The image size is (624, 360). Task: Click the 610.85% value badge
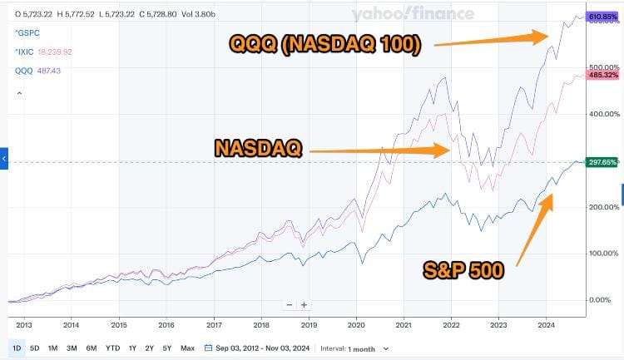tap(602, 17)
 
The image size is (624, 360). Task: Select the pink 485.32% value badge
tap(602, 75)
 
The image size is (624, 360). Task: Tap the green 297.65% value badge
tap(602, 162)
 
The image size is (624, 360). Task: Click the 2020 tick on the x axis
tap(357, 326)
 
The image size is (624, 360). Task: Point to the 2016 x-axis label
tap(166, 326)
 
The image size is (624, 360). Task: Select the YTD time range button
tap(113, 348)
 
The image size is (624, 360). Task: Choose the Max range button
tap(187, 348)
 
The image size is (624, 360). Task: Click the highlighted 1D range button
tap(17, 348)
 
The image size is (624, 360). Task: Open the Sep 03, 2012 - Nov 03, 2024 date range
tap(264, 348)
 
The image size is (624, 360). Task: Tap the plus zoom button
tap(305, 304)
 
